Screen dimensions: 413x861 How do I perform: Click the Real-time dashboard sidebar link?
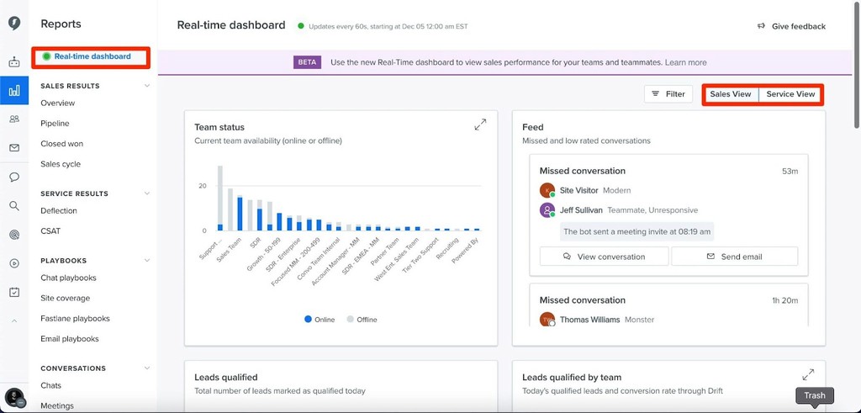92,56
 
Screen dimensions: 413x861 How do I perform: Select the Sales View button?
730,94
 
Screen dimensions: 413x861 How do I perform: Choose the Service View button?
790,94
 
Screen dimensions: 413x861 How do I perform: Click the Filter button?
668,94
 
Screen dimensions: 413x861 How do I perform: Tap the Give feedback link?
792,26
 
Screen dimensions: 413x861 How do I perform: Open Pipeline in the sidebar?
55,124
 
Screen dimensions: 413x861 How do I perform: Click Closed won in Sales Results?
61,144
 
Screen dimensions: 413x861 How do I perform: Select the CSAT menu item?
50,231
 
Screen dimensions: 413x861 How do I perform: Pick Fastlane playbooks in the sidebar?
75,319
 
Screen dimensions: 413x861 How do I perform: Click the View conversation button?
604,257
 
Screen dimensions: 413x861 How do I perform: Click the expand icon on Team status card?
480,124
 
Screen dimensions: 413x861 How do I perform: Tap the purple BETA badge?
307,62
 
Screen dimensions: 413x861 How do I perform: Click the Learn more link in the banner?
685,62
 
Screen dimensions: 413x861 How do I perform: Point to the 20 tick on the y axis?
202,186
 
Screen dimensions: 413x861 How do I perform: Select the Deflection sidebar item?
58,211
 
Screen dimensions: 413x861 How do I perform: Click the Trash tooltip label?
814,395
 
